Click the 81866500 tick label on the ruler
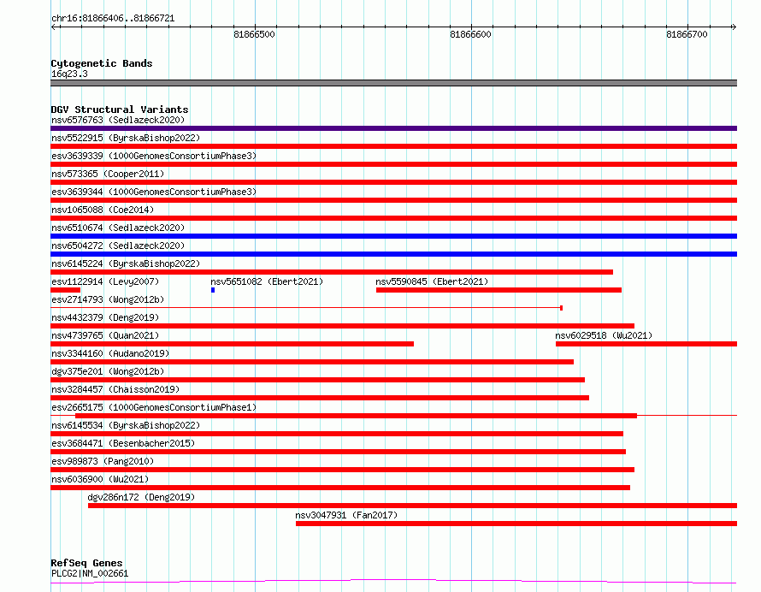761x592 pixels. click(x=254, y=34)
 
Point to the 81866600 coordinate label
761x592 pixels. click(x=470, y=34)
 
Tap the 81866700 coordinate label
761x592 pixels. click(x=687, y=34)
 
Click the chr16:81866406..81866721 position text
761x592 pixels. click(x=113, y=19)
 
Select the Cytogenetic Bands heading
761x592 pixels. click(x=102, y=63)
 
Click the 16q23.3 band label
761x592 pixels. click(x=69, y=74)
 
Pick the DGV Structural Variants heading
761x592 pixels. click(x=120, y=110)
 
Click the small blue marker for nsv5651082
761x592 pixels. click(x=213, y=290)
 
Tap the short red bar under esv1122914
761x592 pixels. click(x=66, y=290)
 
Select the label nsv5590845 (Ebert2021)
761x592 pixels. click(x=432, y=281)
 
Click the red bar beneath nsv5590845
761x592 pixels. click(x=498, y=290)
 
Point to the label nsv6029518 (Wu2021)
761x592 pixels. click(x=604, y=335)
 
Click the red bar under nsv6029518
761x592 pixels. click(x=646, y=344)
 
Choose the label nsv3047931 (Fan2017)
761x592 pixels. click(x=346, y=515)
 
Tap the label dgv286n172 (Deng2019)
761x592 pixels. click(x=141, y=497)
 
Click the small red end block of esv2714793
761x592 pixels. click(x=561, y=308)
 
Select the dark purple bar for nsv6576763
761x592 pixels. click(x=393, y=128)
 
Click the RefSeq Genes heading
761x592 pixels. click(x=86, y=563)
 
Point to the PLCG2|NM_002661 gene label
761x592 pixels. click(x=90, y=573)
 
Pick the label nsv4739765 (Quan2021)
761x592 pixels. click(x=105, y=335)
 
